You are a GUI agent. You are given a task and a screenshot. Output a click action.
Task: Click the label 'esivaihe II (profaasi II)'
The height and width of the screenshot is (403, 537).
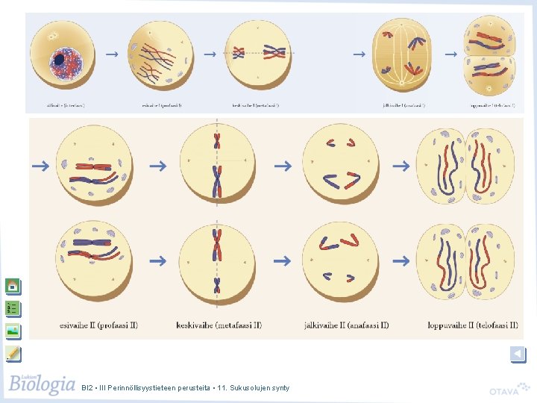tap(98, 325)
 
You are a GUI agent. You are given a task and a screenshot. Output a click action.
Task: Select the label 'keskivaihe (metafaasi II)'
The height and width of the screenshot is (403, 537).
tap(219, 325)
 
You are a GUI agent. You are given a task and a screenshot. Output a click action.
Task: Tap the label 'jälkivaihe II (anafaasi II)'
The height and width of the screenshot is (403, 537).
tap(346, 325)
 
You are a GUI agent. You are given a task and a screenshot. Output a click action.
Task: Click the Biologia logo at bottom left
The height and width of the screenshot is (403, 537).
tap(42, 385)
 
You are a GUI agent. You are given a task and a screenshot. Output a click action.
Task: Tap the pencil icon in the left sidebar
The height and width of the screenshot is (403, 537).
tap(13, 353)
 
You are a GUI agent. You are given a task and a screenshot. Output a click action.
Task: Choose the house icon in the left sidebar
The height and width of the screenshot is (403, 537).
tap(13, 286)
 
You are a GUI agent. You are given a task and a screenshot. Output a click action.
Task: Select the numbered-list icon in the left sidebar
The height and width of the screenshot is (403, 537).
tap(13, 308)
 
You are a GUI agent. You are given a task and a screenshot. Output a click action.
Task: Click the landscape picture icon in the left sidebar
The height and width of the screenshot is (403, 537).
tap(13, 331)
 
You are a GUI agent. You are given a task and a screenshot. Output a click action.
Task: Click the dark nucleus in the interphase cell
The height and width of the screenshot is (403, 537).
tap(59, 59)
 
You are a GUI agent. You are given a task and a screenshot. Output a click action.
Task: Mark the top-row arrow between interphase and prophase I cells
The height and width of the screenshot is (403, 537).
tap(111, 54)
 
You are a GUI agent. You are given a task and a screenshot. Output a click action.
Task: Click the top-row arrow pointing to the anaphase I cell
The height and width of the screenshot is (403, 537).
tap(359, 54)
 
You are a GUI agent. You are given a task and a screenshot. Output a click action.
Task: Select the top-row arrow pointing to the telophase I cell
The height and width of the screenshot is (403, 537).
tap(450, 54)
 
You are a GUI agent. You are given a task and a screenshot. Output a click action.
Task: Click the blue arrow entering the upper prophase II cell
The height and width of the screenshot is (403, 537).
tap(40, 166)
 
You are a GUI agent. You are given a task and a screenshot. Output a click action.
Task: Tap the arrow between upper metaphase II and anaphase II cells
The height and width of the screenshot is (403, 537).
tap(281, 166)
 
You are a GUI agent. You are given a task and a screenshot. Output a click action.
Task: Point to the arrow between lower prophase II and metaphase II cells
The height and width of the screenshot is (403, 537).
tap(157, 261)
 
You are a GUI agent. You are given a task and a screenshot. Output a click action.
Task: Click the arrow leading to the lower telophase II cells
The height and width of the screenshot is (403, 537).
tap(401, 261)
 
